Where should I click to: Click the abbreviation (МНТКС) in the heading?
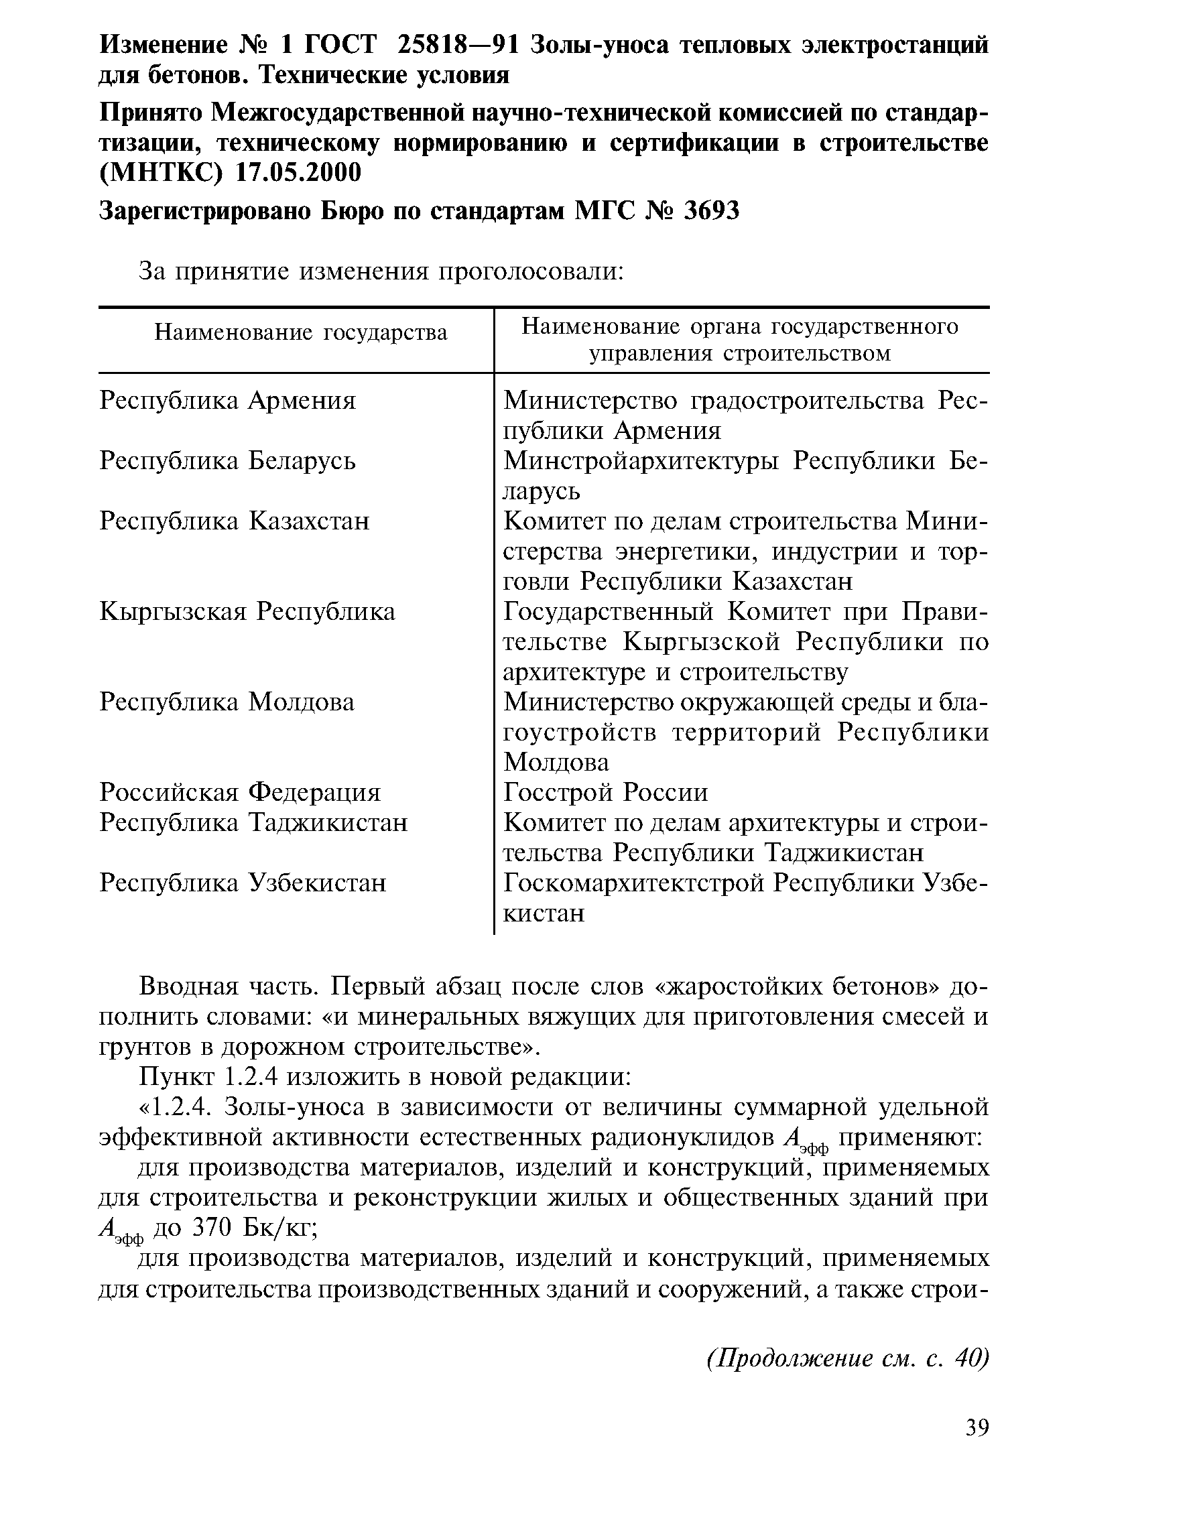coord(161,172)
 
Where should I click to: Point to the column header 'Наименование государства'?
coord(300,332)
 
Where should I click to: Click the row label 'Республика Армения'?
coord(228,400)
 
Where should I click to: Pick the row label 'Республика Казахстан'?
coord(234,521)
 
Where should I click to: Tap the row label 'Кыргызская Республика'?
coord(247,611)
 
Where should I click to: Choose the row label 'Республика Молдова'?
coord(227,702)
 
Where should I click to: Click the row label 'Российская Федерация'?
coord(240,793)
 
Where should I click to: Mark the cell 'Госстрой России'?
coord(606,793)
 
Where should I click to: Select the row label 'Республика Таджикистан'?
coord(253,822)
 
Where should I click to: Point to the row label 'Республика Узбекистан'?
coord(243,883)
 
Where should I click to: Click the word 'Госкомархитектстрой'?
coord(633,883)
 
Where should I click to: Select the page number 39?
coord(977,1427)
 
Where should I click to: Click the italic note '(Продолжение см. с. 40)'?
coord(848,1358)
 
